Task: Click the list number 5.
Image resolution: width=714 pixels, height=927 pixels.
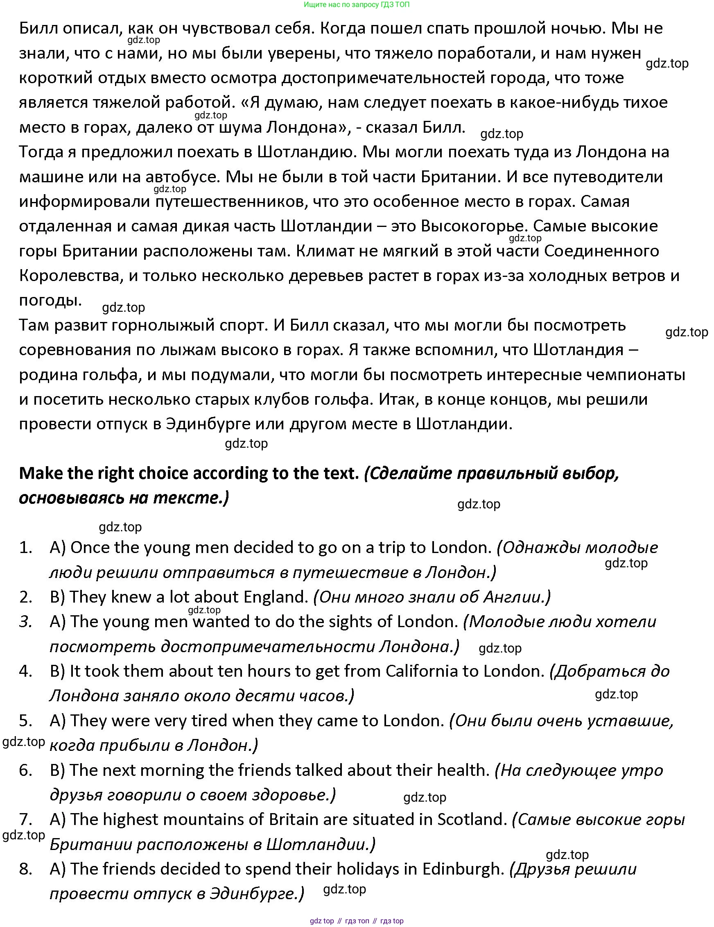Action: pos(25,721)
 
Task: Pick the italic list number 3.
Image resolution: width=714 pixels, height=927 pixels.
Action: pos(25,622)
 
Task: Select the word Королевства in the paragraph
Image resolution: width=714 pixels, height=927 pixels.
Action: pos(71,276)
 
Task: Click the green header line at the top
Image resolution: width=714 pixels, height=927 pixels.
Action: pos(356,5)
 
